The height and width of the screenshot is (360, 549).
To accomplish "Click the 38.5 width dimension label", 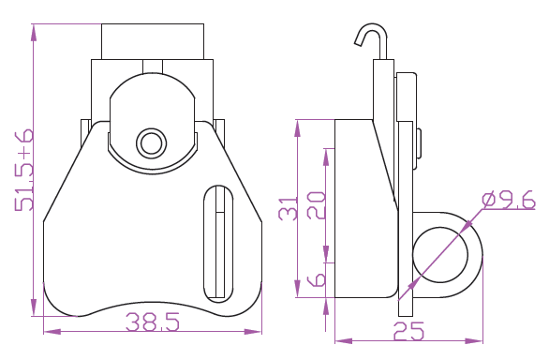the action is tap(153, 322).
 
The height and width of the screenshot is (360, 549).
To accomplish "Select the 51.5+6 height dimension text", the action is tap(24, 170).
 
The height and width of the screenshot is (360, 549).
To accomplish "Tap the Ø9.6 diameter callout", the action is tap(509, 200).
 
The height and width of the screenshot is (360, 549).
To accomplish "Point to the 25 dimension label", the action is tap(408, 332).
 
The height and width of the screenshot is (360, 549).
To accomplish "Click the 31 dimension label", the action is tap(288, 208).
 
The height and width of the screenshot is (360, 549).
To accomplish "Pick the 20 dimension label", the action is tap(316, 205).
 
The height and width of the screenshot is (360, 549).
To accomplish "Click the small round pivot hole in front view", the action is tap(151, 143).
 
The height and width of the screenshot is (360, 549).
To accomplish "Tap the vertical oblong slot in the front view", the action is tap(218, 244).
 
